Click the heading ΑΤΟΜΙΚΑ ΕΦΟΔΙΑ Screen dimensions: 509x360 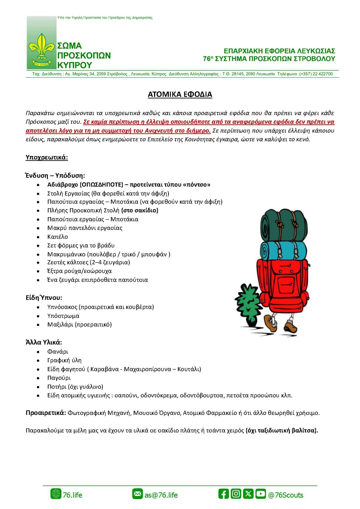180,94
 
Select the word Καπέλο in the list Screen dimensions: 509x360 58,237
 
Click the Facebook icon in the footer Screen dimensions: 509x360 223,494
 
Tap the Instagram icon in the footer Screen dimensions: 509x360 236,494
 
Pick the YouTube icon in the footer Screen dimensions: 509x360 261,494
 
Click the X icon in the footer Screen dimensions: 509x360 248,494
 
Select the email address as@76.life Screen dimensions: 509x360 161,495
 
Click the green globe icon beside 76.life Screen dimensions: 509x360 56,494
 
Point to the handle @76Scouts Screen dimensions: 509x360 286,495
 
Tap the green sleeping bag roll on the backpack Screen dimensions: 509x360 283,225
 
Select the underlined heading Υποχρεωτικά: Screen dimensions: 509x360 47,157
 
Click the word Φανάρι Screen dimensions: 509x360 58,352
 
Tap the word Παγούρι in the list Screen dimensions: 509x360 59,378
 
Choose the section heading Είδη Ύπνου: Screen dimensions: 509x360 44,298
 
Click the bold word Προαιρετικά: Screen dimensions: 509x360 46,413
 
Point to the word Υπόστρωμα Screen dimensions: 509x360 63,316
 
